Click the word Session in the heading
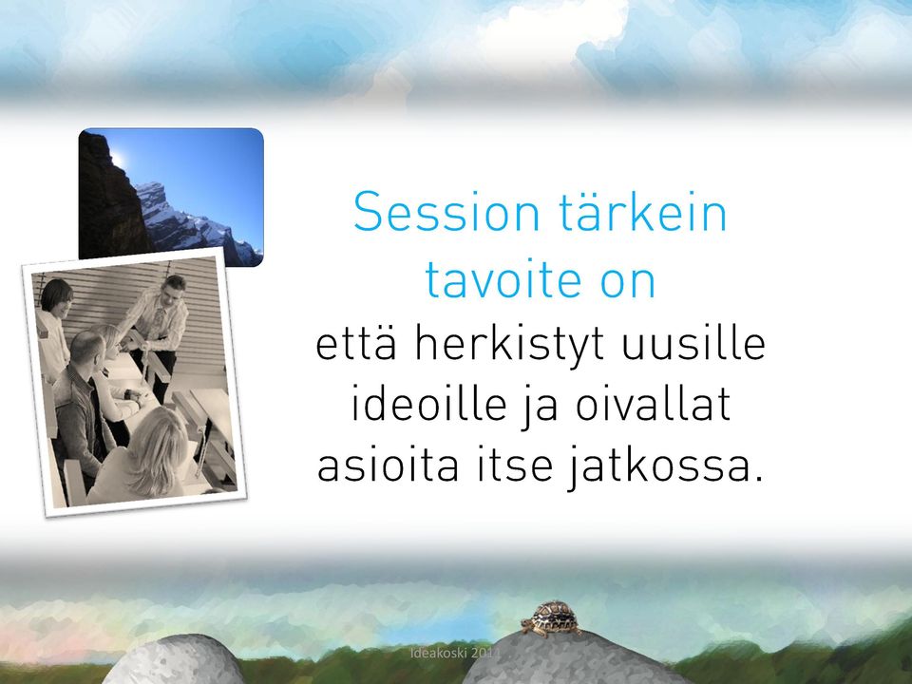[x=446, y=212]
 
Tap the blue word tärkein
[x=643, y=211]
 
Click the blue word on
[x=628, y=283]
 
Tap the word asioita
[x=388, y=465]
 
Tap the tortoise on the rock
[x=550, y=618]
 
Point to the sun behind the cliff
[x=118, y=158]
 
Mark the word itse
[x=515, y=465]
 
